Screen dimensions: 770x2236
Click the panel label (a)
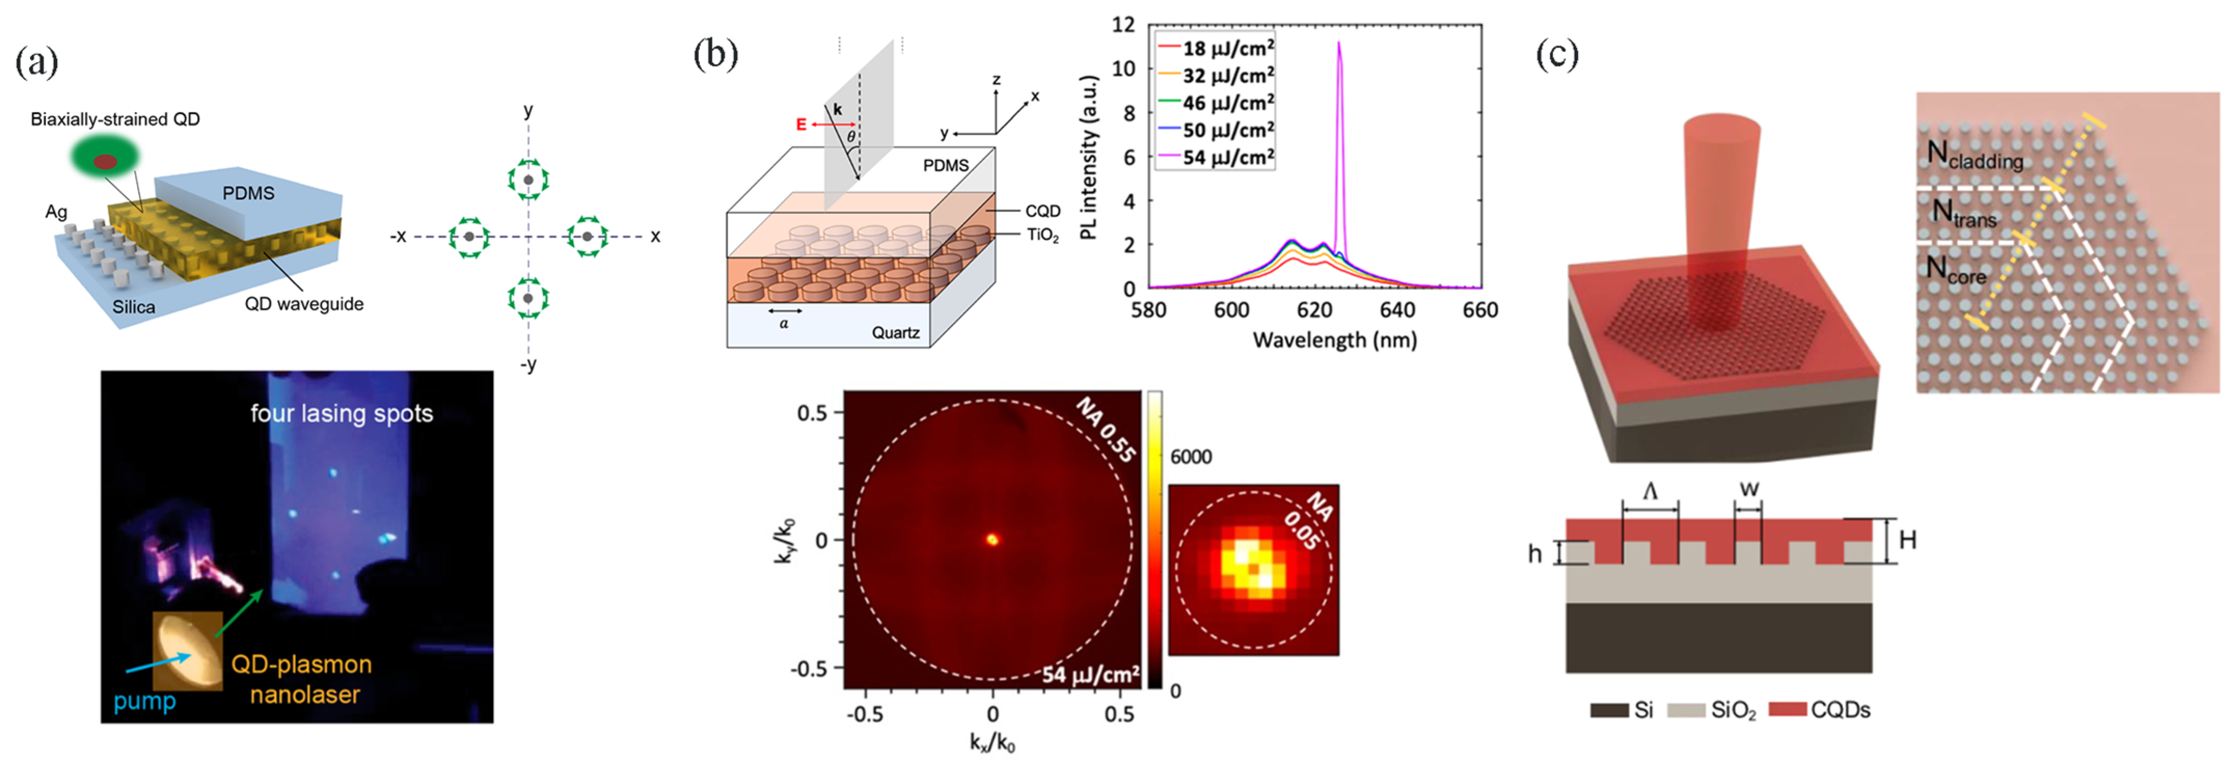pyautogui.click(x=36, y=62)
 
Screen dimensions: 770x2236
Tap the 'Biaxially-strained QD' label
pyautogui.click(x=115, y=119)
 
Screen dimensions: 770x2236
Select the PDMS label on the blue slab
pyautogui.click(x=248, y=192)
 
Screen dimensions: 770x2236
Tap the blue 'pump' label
pyautogui.click(x=144, y=700)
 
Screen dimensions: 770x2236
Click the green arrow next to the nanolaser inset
pyautogui.click(x=239, y=613)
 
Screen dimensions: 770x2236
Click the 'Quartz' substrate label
pyautogui.click(x=895, y=333)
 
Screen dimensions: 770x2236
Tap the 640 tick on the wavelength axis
pyautogui.click(x=1397, y=310)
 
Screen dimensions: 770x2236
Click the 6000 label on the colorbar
pyautogui.click(x=1191, y=457)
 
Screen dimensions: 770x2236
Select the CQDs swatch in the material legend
pyautogui.click(x=1787, y=710)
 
